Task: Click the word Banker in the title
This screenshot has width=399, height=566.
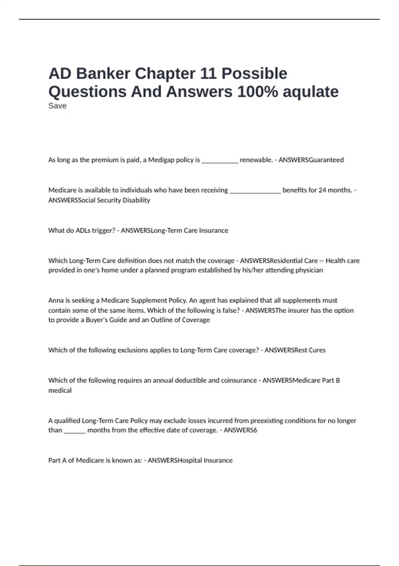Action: [103, 74]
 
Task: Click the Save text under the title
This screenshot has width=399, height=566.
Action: [58, 106]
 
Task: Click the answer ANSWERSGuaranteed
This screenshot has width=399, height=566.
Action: [311, 160]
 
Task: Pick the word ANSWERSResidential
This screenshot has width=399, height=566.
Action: [279, 261]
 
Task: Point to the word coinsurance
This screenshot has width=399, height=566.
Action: [237, 380]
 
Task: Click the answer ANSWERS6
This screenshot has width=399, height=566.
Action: [240, 430]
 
